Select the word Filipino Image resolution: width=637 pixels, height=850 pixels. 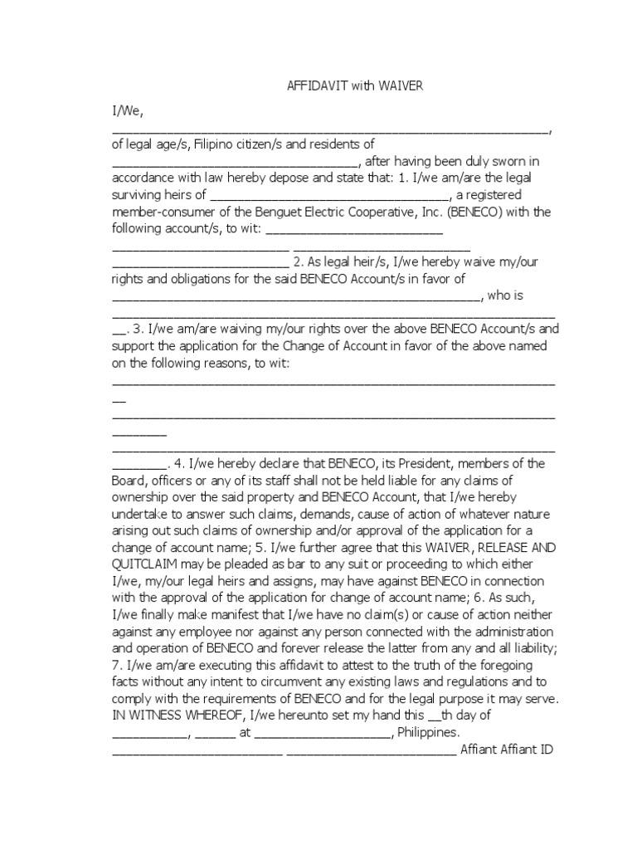[x=218, y=144]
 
